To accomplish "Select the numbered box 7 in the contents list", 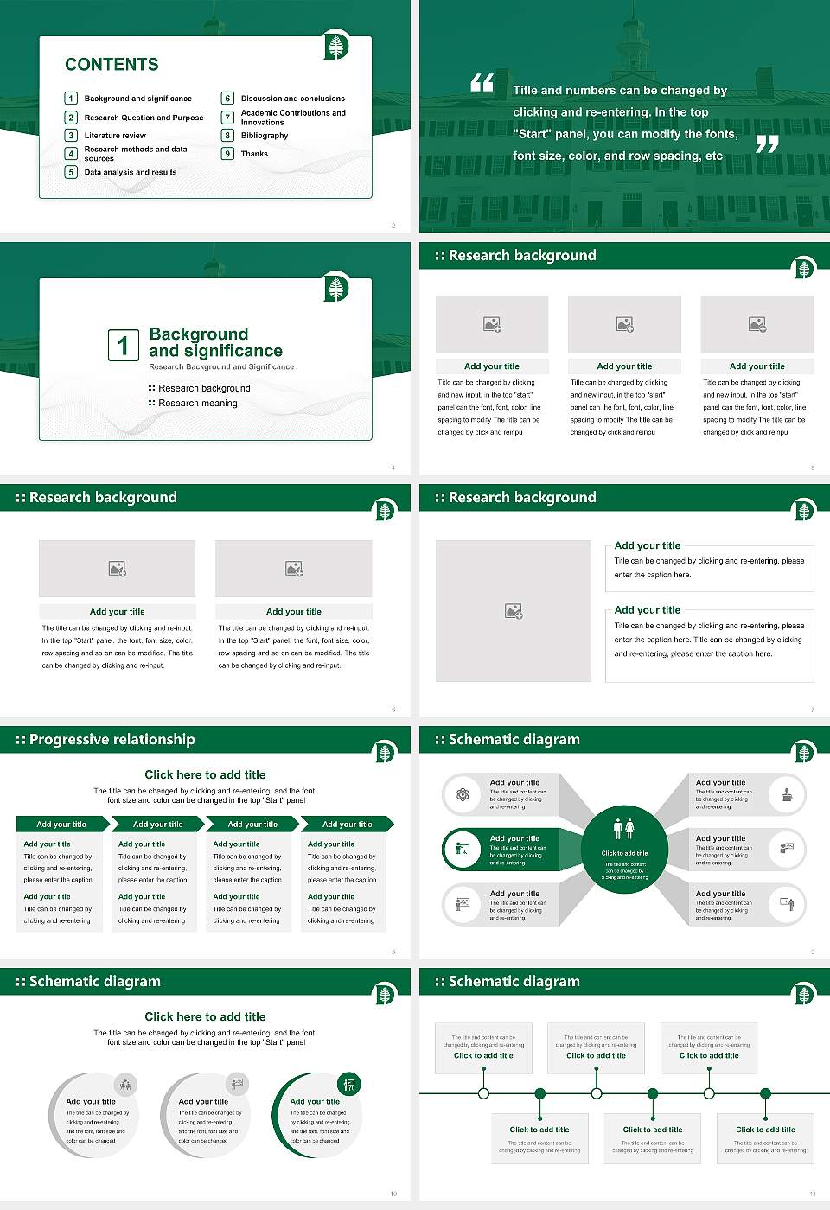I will [228, 118].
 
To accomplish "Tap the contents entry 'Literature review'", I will [115, 136].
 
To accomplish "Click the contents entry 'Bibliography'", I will [265, 136].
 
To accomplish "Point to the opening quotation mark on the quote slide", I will [482, 83].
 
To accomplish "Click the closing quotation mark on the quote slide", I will [767, 144].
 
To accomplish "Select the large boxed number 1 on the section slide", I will [123, 345].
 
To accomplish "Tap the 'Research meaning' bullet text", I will [197, 404].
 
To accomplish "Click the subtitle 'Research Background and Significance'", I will [221, 367].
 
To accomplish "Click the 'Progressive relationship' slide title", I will [112, 740].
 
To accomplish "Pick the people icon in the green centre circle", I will [624, 829].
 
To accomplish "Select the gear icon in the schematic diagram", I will [463, 794].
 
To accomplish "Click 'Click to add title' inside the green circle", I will [624, 853].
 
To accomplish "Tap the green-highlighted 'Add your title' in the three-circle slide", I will [315, 1102].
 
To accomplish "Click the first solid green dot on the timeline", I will [540, 1093].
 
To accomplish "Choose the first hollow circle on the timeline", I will [483, 1093].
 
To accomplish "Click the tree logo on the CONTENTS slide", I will [337, 46].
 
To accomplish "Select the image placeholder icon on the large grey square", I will [514, 612].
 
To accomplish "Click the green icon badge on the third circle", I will [349, 1084].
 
